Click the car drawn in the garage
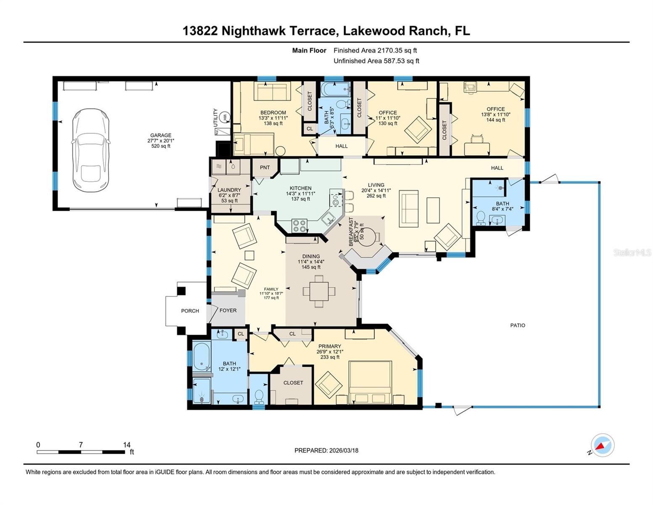[91, 150]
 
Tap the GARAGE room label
[161, 136]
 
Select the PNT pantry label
[265, 167]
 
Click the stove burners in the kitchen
[299, 226]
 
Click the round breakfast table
[367, 237]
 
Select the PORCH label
[190, 311]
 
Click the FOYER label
[228, 311]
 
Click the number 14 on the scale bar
[127, 445]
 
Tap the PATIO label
[518, 325]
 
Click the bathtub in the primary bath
[201, 357]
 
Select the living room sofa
[409, 208]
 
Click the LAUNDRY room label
[229, 190]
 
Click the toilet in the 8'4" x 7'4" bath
[481, 218]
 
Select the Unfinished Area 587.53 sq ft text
[376, 61]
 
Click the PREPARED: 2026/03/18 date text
[326, 450]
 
